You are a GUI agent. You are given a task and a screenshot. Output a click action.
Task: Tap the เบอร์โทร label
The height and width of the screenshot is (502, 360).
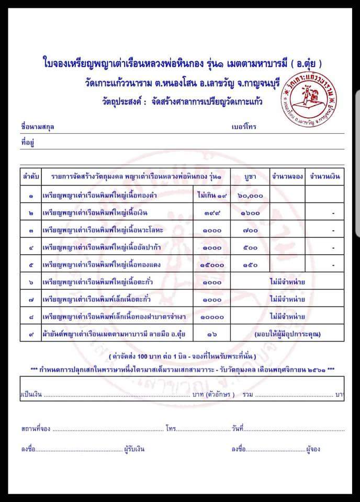244,127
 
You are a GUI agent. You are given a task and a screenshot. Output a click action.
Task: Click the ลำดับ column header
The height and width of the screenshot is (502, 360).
30,177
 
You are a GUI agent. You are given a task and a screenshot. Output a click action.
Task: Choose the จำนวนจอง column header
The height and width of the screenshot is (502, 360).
287,177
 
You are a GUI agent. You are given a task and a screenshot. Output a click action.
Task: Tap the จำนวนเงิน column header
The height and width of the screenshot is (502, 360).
325,177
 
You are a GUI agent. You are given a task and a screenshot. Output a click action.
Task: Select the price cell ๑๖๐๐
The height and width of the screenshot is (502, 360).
250,213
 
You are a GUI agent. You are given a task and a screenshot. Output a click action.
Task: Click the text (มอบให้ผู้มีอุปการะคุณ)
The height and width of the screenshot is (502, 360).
287,334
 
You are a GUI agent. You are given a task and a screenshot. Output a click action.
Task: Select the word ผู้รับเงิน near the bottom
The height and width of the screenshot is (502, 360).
134,449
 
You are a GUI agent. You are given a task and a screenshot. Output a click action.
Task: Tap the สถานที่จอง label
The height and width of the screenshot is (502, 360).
36,429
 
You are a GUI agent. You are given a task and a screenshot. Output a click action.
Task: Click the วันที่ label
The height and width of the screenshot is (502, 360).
237,429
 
